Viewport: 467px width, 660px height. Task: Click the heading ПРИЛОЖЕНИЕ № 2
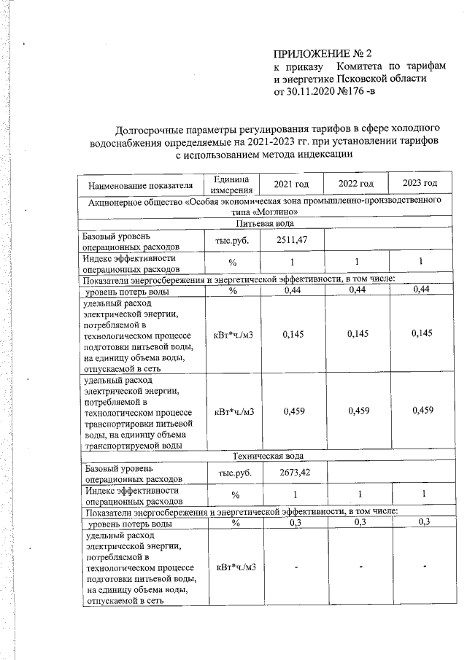pos(323,54)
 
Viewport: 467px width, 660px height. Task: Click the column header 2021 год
pos(291,183)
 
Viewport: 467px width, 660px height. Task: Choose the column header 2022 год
pos(357,183)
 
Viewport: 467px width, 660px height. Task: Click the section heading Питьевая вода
pos(264,224)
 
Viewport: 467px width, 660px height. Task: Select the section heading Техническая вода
pos(264,455)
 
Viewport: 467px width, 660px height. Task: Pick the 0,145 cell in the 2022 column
pos(357,334)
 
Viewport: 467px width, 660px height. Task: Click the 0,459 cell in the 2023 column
pos(420,411)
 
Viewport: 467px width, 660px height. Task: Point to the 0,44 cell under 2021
pos(290,291)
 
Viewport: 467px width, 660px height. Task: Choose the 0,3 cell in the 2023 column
pos(420,523)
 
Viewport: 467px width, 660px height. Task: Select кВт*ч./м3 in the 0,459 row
pos(233,411)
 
